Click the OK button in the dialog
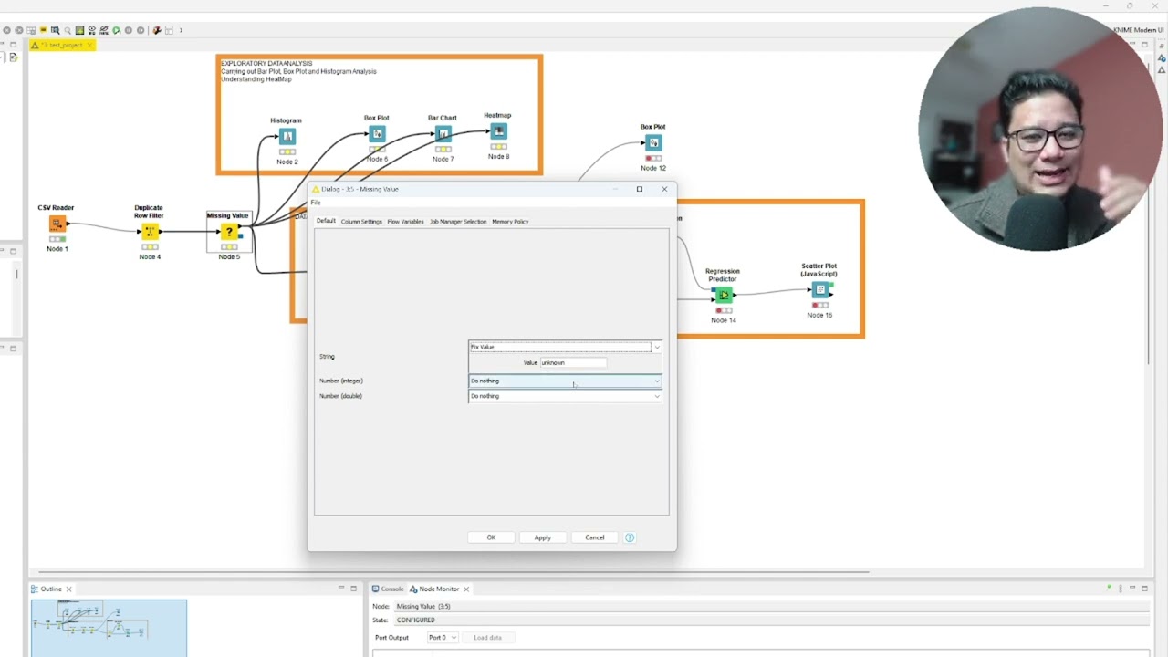[x=491, y=537]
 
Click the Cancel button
[x=594, y=537]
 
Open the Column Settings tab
[x=361, y=222]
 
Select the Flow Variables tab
[x=405, y=222]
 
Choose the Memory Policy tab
[x=510, y=222]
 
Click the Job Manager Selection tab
[x=458, y=222]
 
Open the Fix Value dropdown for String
[x=565, y=347]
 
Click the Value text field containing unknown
[x=573, y=362]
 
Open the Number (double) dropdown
[x=565, y=396]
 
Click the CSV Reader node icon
[x=57, y=224]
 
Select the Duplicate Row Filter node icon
[x=150, y=232]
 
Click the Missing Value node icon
[x=229, y=232]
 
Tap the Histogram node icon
[x=287, y=137]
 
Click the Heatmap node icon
[x=498, y=132]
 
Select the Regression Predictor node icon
[x=724, y=295]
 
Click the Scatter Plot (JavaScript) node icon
[x=820, y=290]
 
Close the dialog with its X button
[x=664, y=189]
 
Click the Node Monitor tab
[x=439, y=589]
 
